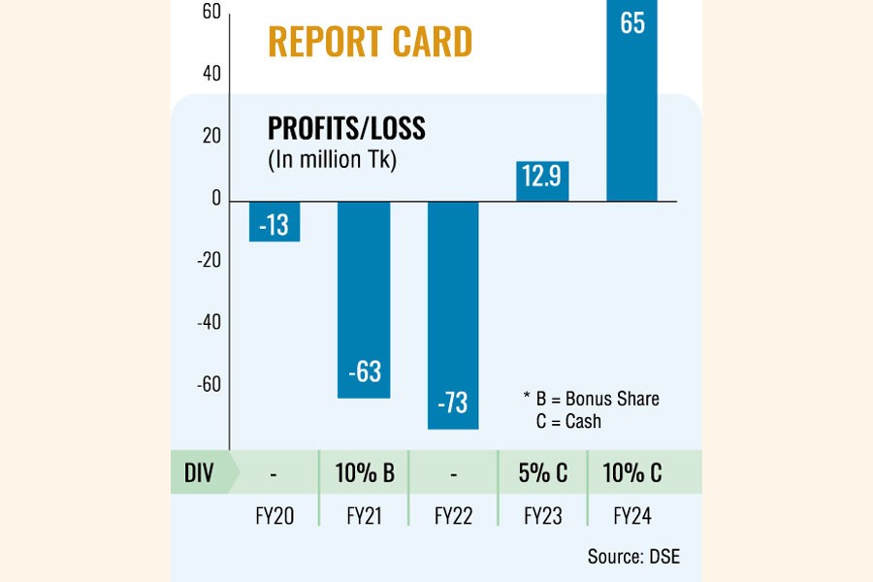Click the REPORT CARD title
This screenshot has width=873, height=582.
(x=370, y=42)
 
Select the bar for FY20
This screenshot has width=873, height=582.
(x=275, y=221)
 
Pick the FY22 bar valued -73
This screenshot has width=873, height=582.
(x=453, y=314)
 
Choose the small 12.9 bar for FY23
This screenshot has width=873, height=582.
(x=542, y=181)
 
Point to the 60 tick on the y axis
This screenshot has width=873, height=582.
(x=210, y=12)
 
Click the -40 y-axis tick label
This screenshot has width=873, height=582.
(x=209, y=322)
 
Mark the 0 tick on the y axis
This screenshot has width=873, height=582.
(x=215, y=199)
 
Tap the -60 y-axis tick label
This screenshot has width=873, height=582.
(x=209, y=384)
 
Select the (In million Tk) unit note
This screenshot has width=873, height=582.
(x=332, y=161)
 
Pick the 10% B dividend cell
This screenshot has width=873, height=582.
(x=364, y=473)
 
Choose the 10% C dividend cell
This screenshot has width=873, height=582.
(x=631, y=473)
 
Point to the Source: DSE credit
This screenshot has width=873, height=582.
(x=633, y=557)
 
